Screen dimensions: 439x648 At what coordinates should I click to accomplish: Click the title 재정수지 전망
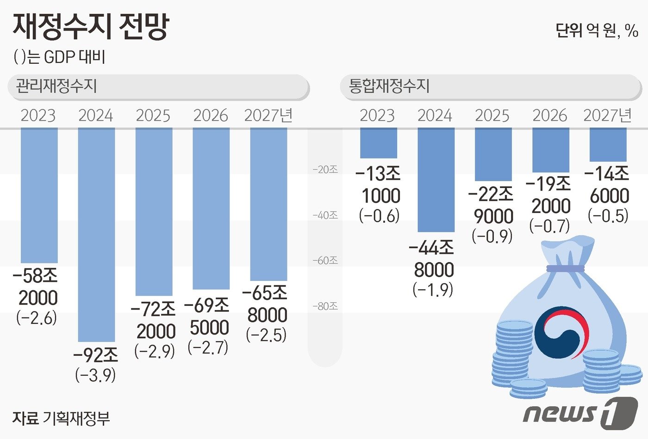coord(91,26)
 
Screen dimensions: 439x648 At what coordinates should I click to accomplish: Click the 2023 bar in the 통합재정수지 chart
coord(378,143)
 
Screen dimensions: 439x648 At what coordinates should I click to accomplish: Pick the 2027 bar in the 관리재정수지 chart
coord(268,203)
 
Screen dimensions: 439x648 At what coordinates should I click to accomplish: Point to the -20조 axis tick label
coord(325,170)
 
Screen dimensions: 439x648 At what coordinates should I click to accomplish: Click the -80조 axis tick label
coord(325,306)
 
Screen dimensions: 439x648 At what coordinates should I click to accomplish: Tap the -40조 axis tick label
coord(325,215)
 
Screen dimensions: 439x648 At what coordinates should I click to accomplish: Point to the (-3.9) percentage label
coord(95,375)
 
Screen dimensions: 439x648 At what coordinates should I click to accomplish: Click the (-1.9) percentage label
coord(433,290)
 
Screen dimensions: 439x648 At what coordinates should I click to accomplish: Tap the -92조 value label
coord(96,355)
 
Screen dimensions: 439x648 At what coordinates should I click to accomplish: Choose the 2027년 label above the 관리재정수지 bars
coord(268,115)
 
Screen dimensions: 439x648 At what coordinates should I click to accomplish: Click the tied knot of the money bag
coord(565,268)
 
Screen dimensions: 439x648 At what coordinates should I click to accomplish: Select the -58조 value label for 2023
coord(36,276)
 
